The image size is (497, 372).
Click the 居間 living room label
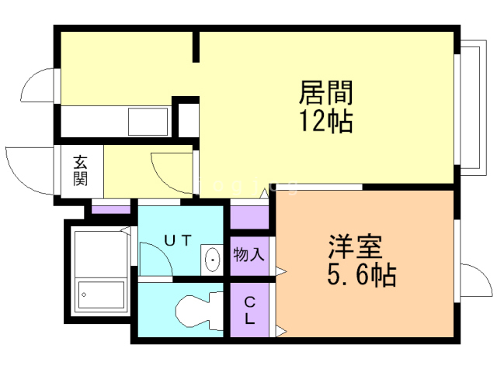pyautogui.click(x=326, y=93)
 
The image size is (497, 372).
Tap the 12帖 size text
pyautogui.click(x=326, y=121)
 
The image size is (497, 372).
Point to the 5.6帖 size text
pyautogui.click(x=359, y=274)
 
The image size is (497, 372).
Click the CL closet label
pyautogui.click(x=250, y=309)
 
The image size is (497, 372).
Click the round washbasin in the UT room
pyautogui.click(x=210, y=260)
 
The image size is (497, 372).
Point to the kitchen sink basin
pyautogui.click(x=148, y=121)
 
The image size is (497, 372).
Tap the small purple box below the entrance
pyautogui.click(x=111, y=207)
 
